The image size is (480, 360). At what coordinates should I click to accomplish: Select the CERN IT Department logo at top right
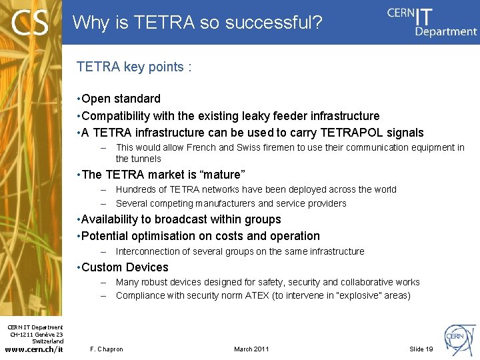(x=431, y=21)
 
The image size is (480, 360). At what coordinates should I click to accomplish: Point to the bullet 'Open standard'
(x=121, y=99)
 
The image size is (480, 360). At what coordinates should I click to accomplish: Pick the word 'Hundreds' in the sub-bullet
(x=135, y=189)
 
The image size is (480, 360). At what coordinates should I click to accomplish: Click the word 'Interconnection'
(x=147, y=251)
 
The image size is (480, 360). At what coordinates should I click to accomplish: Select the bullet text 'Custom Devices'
(x=125, y=267)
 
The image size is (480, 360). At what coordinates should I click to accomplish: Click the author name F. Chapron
(x=107, y=349)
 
